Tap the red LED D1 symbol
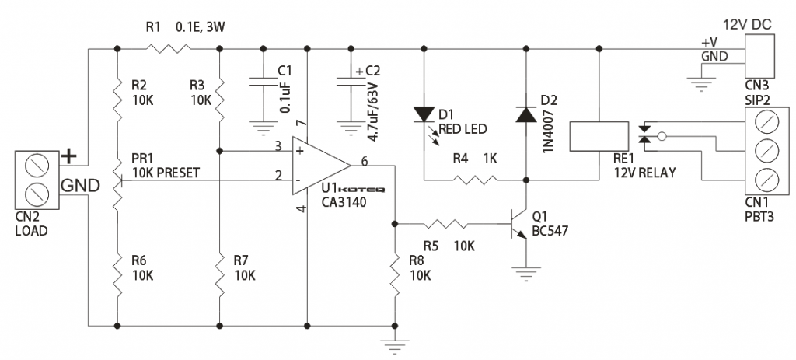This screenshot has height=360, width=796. (423, 114)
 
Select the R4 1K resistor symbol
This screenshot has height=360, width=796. (474, 180)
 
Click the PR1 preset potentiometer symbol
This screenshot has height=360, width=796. (117, 180)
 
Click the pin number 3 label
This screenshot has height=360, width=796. (278, 145)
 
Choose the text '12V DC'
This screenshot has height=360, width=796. (745, 23)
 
